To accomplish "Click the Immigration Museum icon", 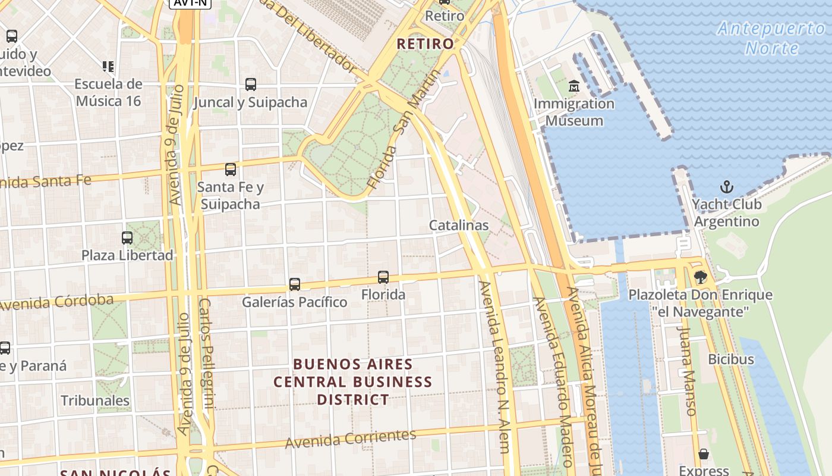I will pos(574,87).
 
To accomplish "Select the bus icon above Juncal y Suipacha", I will pos(250,84).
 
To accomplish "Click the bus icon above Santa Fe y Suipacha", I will pos(231,170).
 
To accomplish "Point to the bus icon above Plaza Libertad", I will pos(127,238).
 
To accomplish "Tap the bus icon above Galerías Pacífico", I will pos(294,284).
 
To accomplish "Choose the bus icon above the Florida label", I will pos(383,277).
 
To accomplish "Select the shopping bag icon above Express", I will pos(704,454).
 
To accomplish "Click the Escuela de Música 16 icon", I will pos(108,66).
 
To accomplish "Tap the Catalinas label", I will pos(459,226).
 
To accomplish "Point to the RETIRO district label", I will pos(425,43).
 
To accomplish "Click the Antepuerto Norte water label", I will pos(771,37).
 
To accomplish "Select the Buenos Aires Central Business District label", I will pos(353,381).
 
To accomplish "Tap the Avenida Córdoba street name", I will pos(56,302).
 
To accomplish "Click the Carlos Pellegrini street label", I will pos(206,353).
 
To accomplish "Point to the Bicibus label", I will pos(730,359).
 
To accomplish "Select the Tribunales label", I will pos(95,400).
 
